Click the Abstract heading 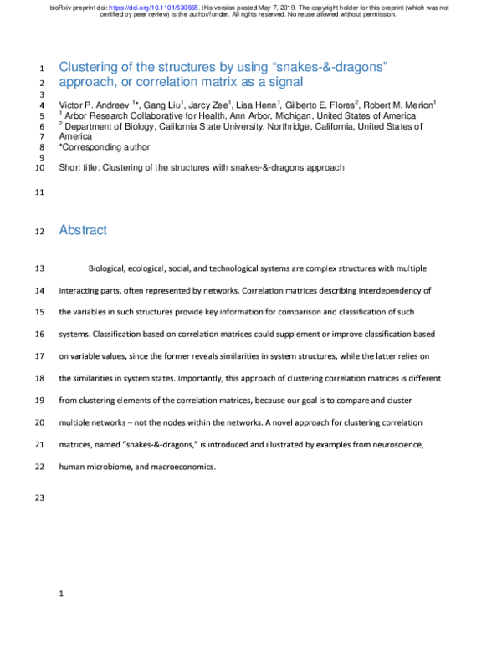tap(83, 230)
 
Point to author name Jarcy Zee tap(207, 104)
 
